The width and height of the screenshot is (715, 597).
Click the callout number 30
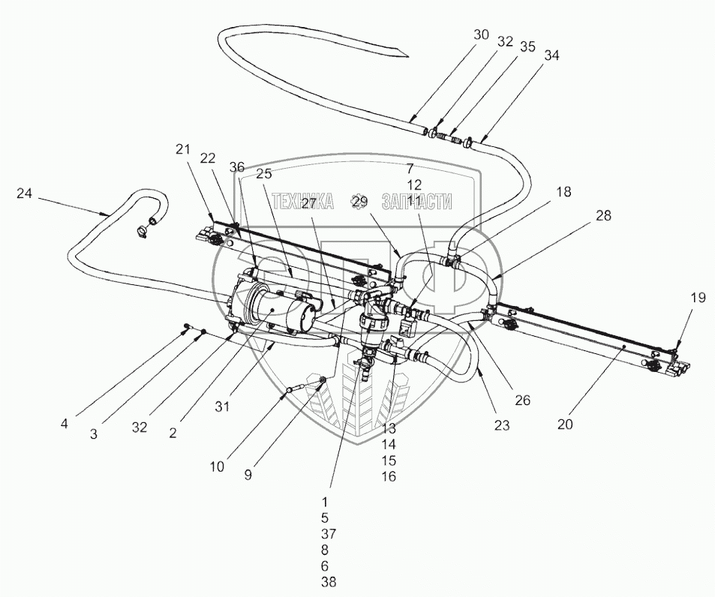(481, 34)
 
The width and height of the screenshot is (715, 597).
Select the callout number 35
(527, 46)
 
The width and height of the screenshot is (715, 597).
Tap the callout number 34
(551, 55)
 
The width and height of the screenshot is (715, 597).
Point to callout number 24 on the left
(25, 193)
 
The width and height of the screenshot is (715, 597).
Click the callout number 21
(183, 150)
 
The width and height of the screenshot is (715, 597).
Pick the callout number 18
(563, 191)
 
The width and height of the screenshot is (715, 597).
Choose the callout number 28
(603, 215)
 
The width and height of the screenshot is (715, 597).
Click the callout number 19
(698, 297)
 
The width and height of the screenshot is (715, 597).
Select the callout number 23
(502, 425)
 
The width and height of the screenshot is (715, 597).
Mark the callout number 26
(522, 400)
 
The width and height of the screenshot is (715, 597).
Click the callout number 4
(65, 423)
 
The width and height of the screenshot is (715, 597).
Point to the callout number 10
(217, 466)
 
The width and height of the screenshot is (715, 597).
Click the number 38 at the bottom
(328, 581)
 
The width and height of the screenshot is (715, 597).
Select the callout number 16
(388, 476)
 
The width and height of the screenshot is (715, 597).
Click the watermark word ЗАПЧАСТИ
(417, 201)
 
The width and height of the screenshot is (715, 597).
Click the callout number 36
(238, 166)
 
